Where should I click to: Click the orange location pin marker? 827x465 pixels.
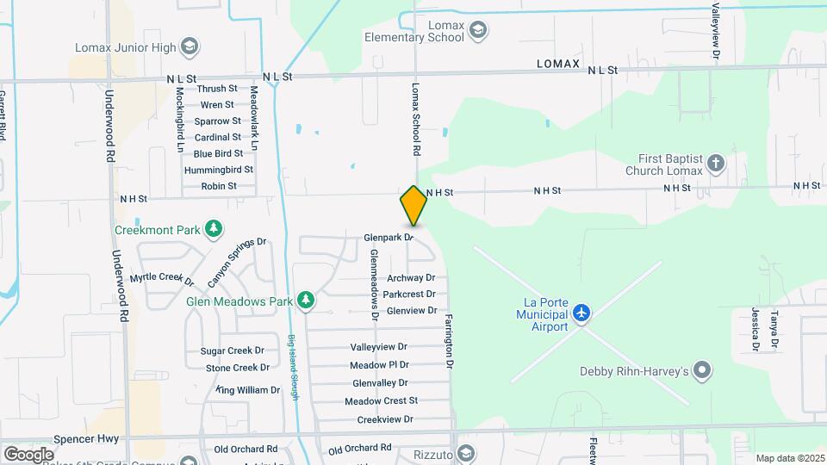tap(413, 205)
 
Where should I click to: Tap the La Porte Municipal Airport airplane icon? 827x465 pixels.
tap(582, 311)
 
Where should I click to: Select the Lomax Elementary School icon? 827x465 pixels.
tap(478, 32)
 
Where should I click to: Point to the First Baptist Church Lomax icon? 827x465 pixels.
tap(715, 164)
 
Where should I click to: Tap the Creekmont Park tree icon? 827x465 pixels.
tap(214, 229)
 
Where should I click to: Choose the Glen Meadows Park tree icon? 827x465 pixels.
tap(305, 301)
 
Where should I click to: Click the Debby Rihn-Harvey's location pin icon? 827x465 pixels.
tap(703, 370)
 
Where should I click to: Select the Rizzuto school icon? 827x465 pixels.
tap(465, 454)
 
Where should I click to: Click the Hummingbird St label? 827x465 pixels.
tap(218, 170)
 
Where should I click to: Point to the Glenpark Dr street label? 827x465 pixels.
tap(389, 236)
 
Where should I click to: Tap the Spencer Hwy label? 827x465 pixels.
tap(96, 438)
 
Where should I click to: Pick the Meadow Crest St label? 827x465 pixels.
tap(381, 400)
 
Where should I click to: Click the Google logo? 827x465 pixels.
tap(28, 454)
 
